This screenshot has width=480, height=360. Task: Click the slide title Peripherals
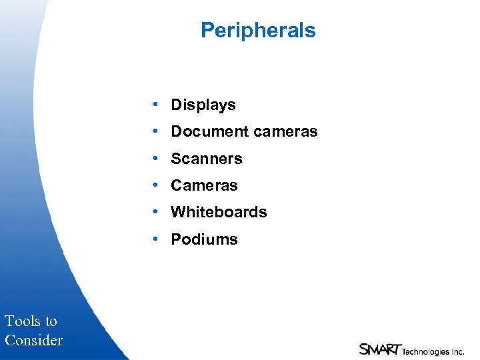point(258,31)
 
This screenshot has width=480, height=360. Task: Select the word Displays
point(203,105)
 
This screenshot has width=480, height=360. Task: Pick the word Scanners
point(207,159)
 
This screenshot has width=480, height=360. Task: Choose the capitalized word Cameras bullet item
point(204,185)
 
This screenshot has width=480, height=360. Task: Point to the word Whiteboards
point(219,212)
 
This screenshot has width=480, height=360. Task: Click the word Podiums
point(204,239)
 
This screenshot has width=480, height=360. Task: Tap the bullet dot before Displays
point(155,105)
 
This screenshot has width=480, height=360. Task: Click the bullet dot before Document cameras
point(155,131)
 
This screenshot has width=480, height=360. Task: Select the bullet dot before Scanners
point(155,158)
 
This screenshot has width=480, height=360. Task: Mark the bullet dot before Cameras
point(155,185)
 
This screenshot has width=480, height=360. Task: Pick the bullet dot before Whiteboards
point(155,211)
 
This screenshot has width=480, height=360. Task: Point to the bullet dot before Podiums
point(155,239)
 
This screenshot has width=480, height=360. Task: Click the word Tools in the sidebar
point(22,321)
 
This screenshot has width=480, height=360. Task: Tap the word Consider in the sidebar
point(33,341)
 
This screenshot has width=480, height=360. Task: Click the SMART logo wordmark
point(379,349)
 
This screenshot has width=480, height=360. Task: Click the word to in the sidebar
point(51,321)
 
